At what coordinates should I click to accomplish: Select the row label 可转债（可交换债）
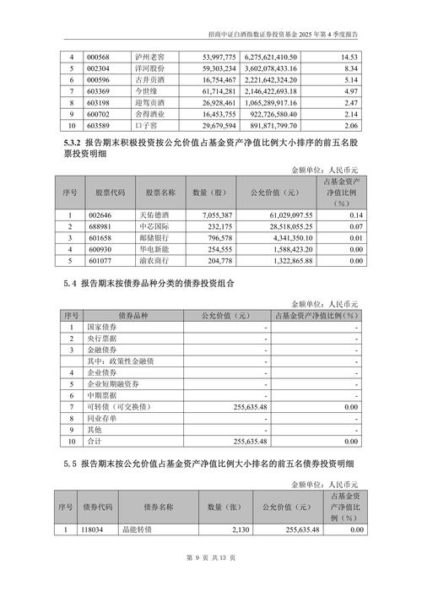pyautogui.click(x=116, y=406)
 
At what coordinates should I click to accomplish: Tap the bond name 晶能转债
pyautogui.click(x=159, y=529)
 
